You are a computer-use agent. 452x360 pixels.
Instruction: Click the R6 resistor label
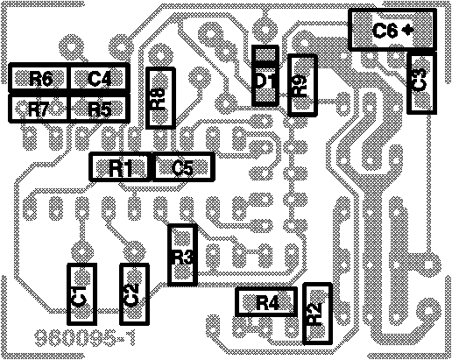point(40,79)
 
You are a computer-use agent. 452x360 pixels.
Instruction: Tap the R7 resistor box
point(39,108)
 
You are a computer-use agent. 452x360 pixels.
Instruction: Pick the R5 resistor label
point(99,110)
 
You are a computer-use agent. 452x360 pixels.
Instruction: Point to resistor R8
point(160,98)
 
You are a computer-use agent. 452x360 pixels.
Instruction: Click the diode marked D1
point(265,75)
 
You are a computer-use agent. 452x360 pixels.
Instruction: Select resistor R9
point(302,85)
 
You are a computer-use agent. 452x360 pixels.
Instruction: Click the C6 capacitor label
point(385,31)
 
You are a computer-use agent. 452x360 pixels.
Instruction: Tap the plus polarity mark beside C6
point(407,30)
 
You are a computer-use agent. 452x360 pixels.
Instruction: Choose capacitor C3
point(421,82)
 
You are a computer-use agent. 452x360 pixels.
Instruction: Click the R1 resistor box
point(120,167)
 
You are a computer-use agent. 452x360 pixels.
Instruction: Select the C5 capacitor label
point(182,168)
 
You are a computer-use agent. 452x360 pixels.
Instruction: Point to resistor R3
point(182,255)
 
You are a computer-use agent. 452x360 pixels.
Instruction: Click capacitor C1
point(81,294)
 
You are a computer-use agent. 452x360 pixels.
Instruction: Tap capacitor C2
point(134,294)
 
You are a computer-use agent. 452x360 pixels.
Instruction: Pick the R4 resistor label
point(268,303)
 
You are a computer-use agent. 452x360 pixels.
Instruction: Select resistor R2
point(317,314)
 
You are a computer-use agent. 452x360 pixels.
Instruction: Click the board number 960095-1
point(85,338)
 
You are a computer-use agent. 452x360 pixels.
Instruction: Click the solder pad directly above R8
point(159,55)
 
